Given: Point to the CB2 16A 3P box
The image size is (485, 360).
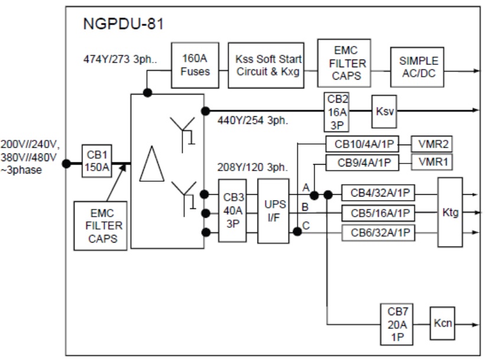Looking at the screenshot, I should pos(337,111).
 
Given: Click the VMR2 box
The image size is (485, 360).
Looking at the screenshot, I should pos(436,144).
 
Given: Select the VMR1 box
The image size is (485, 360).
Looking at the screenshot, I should pos(436,161).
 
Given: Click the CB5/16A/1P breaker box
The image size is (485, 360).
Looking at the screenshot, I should pos(379,212).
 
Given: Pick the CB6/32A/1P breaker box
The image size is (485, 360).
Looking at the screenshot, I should pos(379,233).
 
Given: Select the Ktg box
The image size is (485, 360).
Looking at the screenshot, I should pos(450,211).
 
